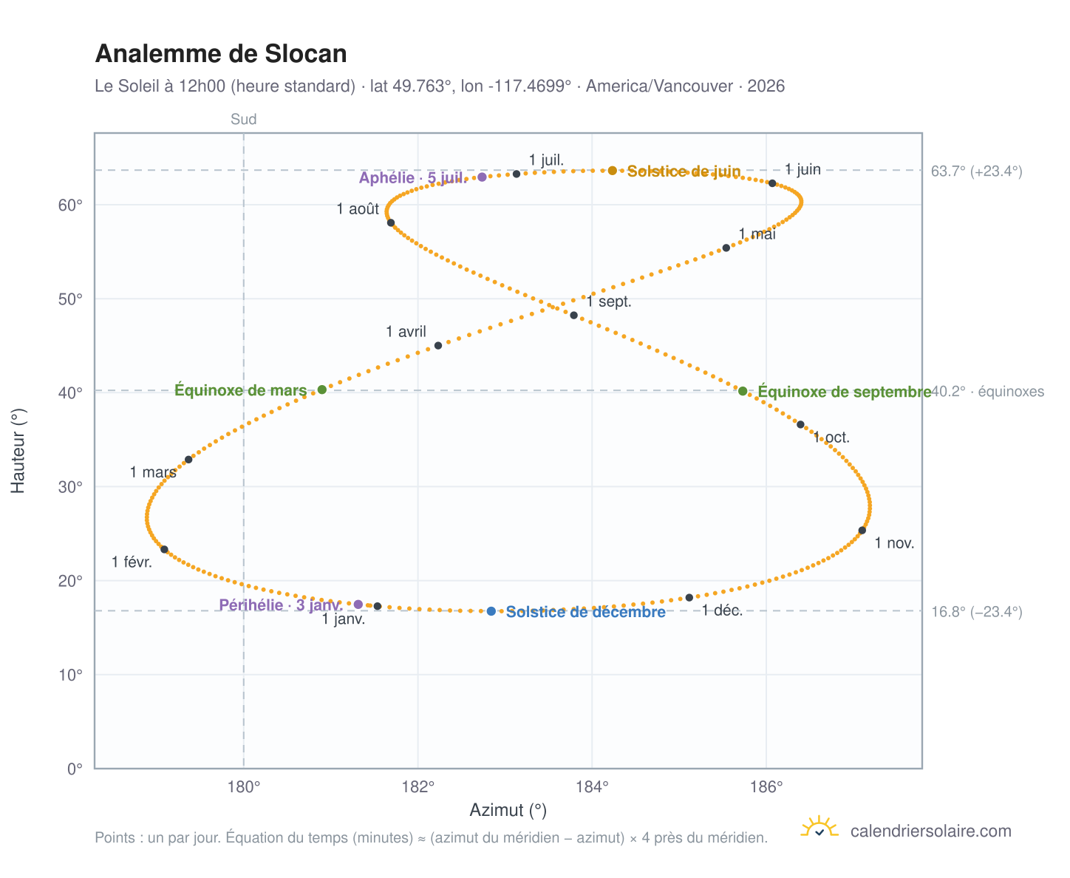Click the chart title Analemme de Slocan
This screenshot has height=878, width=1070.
(221, 54)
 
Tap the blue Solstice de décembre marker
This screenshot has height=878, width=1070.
(491, 611)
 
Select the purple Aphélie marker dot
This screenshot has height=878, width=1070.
(482, 177)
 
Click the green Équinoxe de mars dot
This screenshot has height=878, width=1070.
(321, 389)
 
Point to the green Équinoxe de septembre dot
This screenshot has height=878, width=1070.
(742, 391)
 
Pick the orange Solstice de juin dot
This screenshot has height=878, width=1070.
(613, 171)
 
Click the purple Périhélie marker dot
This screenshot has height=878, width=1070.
(358, 605)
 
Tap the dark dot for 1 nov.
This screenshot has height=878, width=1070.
(862, 531)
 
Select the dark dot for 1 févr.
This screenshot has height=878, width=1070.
(164, 550)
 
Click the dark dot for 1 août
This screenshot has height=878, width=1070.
(391, 222)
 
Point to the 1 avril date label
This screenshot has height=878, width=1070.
(406, 332)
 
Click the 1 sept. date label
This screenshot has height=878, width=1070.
(609, 302)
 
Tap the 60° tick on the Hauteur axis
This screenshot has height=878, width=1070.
(70, 205)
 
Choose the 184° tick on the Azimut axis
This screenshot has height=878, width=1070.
(592, 787)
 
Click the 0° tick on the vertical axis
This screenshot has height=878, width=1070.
(75, 769)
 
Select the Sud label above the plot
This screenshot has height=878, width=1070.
(244, 119)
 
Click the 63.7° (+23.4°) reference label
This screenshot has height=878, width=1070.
(976, 171)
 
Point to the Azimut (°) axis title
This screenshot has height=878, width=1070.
(508, 811)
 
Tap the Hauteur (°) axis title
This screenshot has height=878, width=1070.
(18, 451)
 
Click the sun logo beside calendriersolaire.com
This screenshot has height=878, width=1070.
(819, 827)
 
